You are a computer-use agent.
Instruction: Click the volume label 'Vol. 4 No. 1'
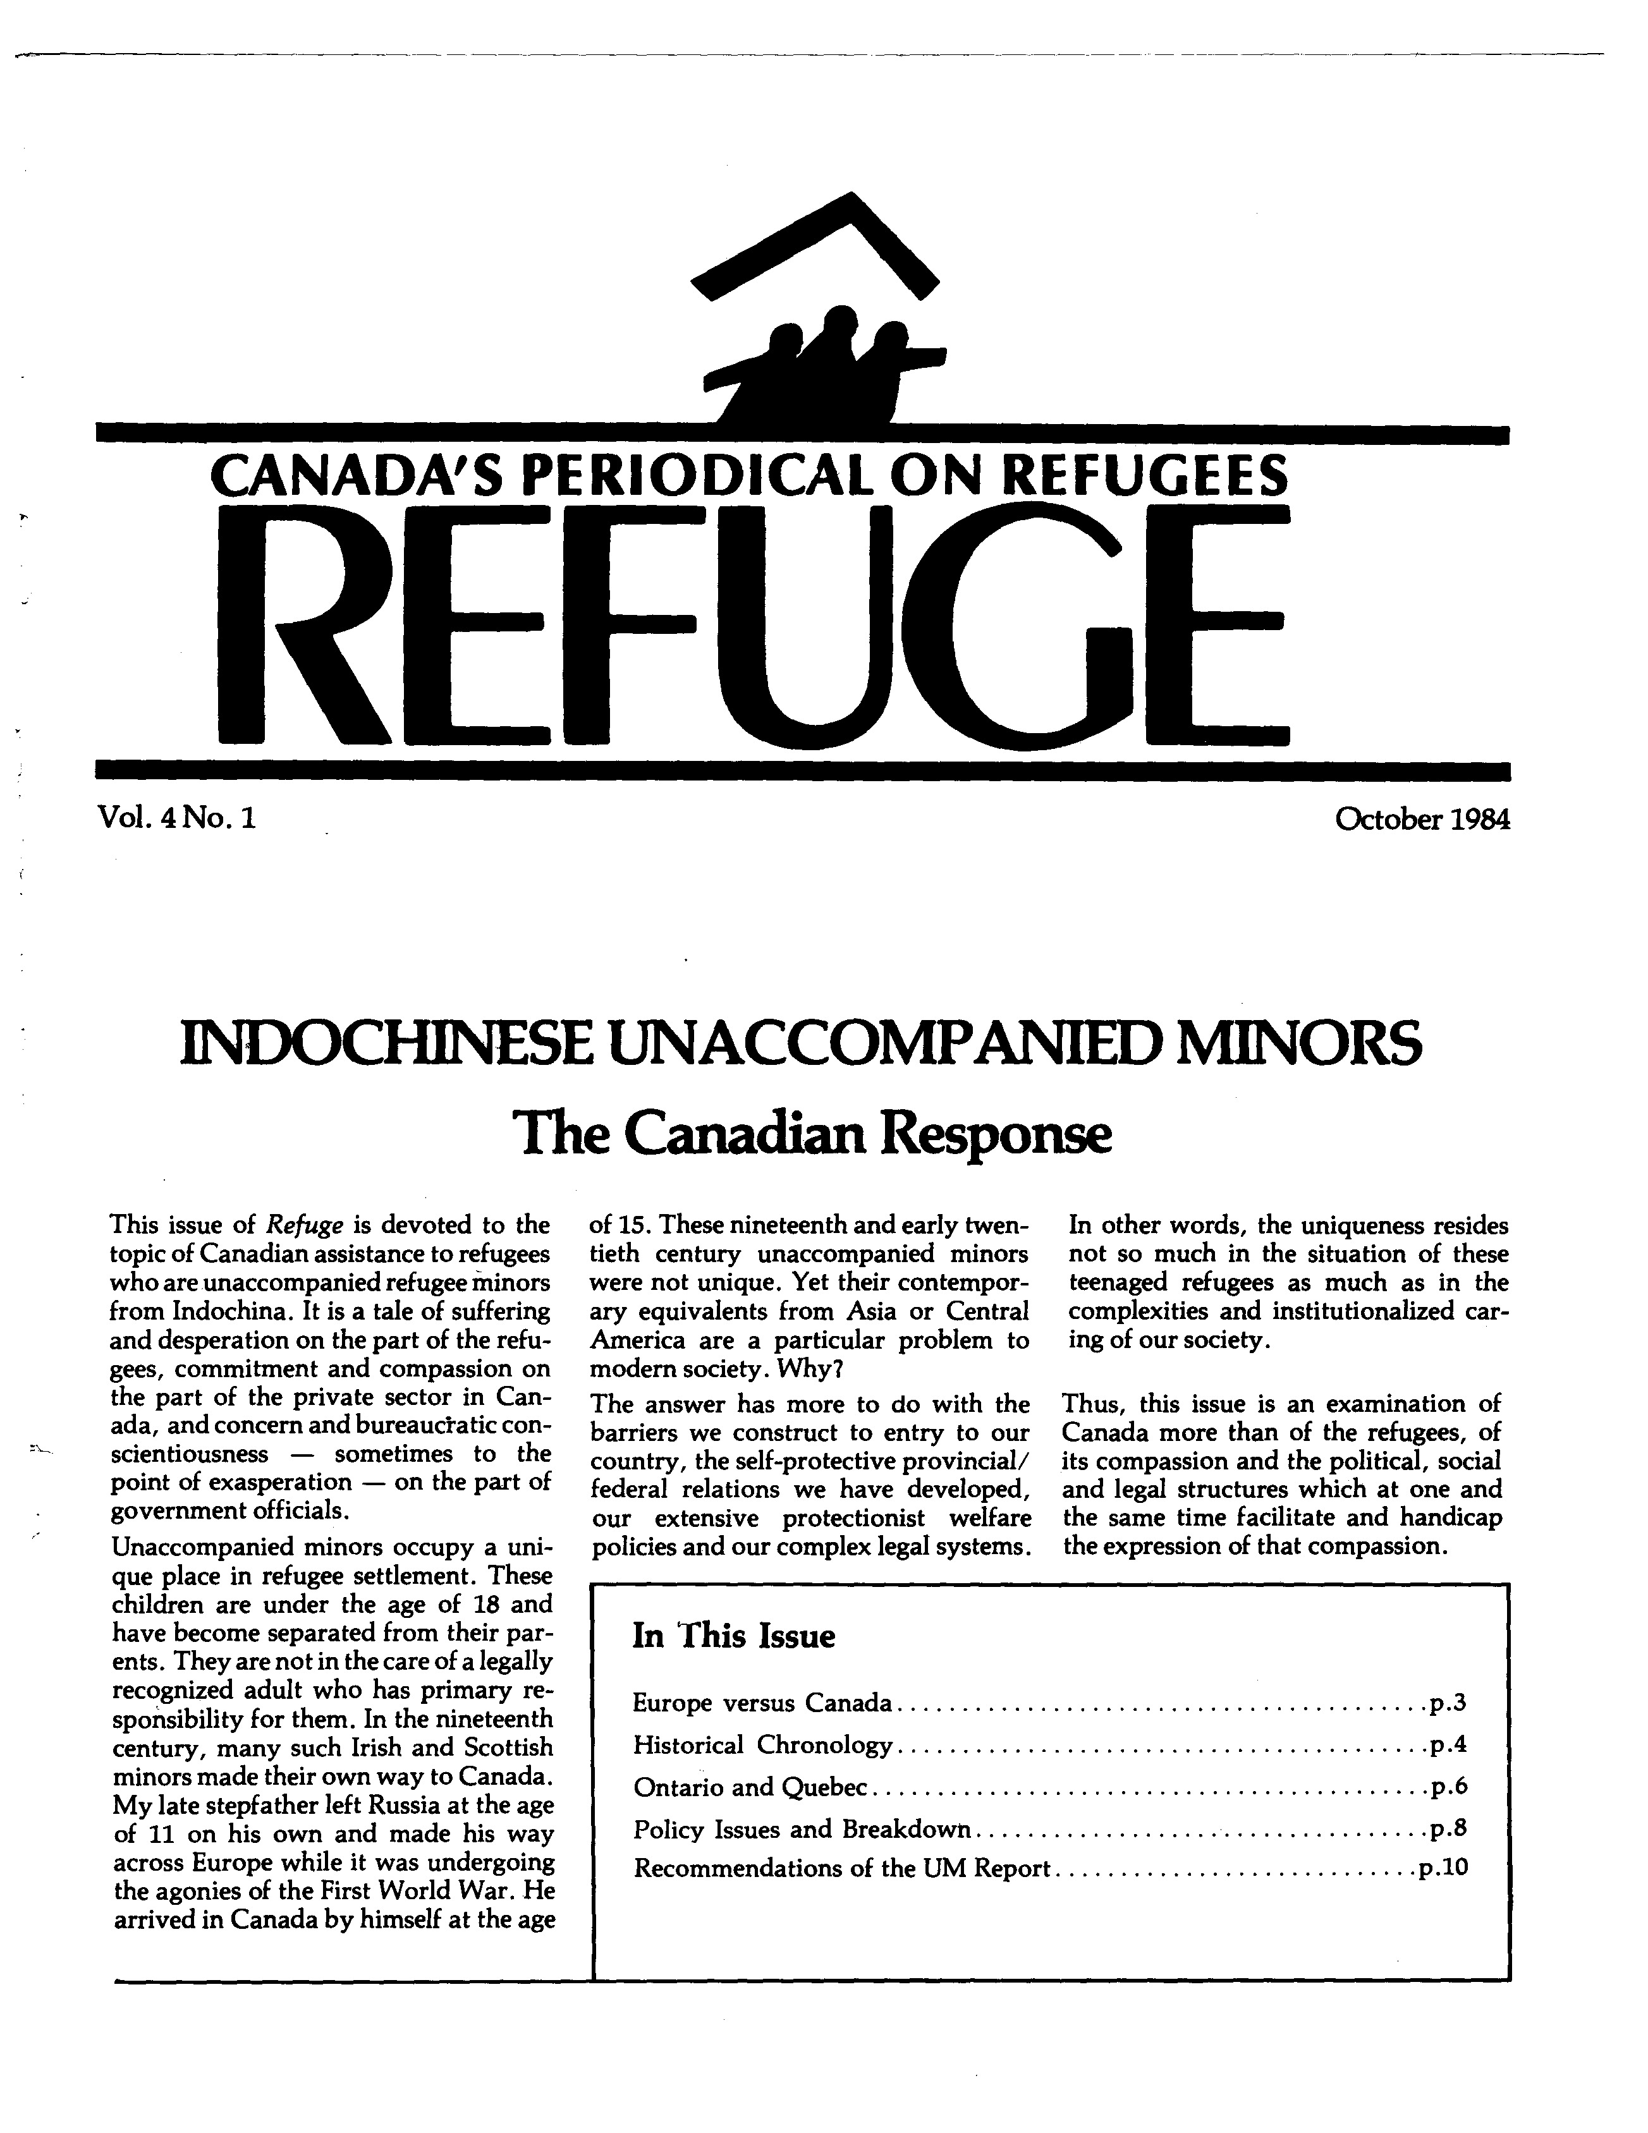(x=176, y=817)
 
